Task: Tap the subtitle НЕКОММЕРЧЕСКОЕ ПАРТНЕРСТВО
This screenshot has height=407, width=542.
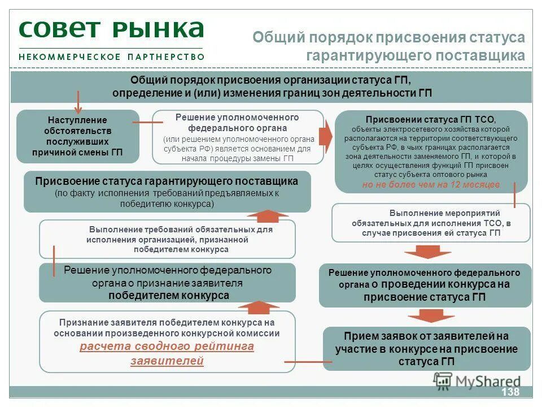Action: [x=111, y=57]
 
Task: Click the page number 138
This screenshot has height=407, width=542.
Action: [x=509, y=392]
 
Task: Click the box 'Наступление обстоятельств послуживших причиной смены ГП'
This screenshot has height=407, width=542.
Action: [x=77, y=136]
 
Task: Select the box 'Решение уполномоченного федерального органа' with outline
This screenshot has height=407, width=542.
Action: [x=237, y=137]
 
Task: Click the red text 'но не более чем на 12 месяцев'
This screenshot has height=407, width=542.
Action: [x=431, y=185]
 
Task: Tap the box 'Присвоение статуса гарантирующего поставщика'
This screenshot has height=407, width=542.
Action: [x=167, y=192]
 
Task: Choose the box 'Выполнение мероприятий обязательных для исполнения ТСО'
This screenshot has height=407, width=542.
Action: [x=431, y=223]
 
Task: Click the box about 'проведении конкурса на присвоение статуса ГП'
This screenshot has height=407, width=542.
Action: [x=425, y=285]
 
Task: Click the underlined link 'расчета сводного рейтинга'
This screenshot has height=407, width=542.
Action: [x=167, y=347]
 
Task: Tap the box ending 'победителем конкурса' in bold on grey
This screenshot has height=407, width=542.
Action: [x=167, y=283]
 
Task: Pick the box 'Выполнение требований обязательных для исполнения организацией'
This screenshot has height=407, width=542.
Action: [x=167, y=239]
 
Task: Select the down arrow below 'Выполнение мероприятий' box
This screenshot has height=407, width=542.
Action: [x=427, y=252]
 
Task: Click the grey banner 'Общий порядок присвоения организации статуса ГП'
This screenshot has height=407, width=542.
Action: [x=271, y=86]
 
